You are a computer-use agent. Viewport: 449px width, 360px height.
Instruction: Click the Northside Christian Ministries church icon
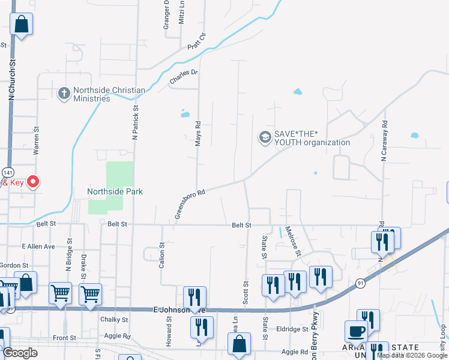[64, 94]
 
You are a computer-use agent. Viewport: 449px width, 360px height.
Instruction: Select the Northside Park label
[115, 191]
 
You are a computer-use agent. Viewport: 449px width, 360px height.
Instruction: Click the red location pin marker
[33, 181]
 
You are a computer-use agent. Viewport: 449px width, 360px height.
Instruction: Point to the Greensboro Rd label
[190, 205]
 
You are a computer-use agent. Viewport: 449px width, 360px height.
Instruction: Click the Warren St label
[37, 145]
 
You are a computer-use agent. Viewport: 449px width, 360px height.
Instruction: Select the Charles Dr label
[183, 76]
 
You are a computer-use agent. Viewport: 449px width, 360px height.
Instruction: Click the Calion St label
[161, 254]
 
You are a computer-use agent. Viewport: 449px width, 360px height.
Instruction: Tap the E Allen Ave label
[38, 246]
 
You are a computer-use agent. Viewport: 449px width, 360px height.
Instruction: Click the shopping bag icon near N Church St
[21, 25]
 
